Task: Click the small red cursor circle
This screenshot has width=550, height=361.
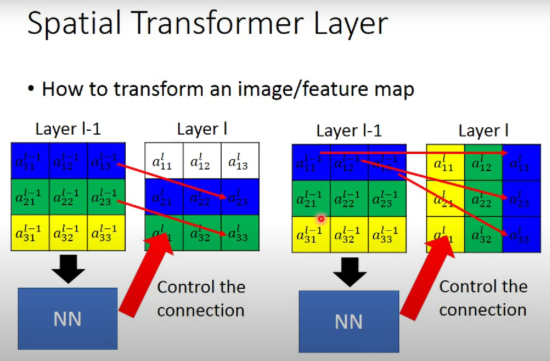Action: pos(321,219)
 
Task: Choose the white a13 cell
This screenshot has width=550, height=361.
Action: pos(240,161)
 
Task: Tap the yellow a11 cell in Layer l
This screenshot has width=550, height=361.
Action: pos(445,163)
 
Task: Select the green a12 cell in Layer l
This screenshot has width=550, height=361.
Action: pos(483,163)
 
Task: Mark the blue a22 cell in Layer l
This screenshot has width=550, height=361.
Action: pos(202,196)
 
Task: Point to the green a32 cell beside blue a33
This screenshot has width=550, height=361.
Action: pos(483,235)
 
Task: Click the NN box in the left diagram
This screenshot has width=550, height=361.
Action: pos(68,319)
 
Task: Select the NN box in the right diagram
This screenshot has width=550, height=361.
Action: pos(349,321)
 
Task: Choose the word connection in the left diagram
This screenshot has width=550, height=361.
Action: pos(201,310)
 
